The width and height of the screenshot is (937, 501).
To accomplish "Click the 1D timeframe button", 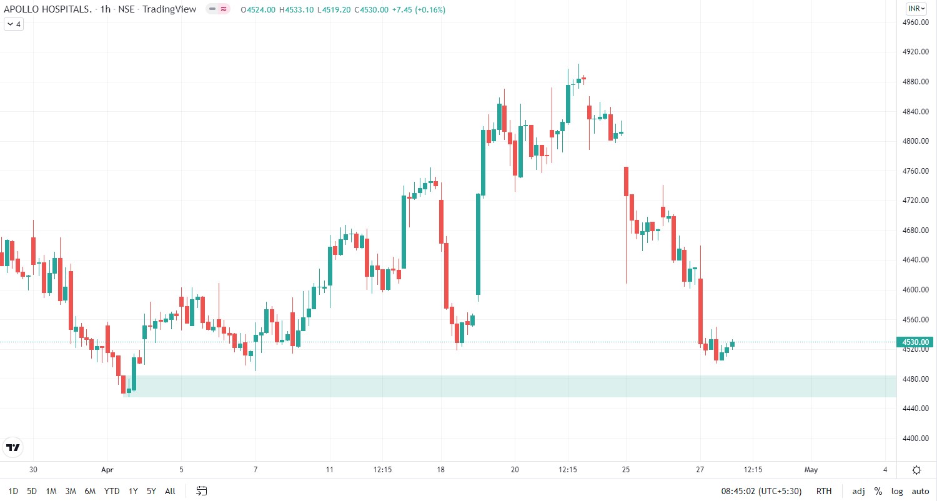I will coord(13,491).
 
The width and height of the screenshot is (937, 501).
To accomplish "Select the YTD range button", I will coord(112,491).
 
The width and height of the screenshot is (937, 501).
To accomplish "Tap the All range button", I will coord(170,491).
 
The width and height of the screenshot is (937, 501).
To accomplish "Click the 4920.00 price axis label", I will coord(916,52).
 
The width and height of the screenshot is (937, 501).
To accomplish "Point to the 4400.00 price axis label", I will coord(916,439).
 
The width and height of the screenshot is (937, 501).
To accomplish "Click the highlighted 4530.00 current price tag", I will coord(916,342).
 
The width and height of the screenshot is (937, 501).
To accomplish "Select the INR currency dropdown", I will coord(916,9).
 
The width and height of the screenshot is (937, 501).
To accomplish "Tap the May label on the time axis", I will coord(811,470).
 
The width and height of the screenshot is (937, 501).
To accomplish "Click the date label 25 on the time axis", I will coord(626,470).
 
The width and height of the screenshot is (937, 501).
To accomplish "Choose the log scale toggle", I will coord(897,491).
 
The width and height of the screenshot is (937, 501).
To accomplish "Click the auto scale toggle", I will coord(920,491).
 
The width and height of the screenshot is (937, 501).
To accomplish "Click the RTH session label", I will coord(824,491).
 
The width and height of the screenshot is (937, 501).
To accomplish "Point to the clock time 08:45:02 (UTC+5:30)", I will coord(761,491).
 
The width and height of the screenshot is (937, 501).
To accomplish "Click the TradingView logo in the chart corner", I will coord(12,447).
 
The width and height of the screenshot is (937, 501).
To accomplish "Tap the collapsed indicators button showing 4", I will coord(14,24).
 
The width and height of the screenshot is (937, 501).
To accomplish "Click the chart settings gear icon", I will coord(916,470).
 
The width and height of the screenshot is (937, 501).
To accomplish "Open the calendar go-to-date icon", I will coord(201,491).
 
